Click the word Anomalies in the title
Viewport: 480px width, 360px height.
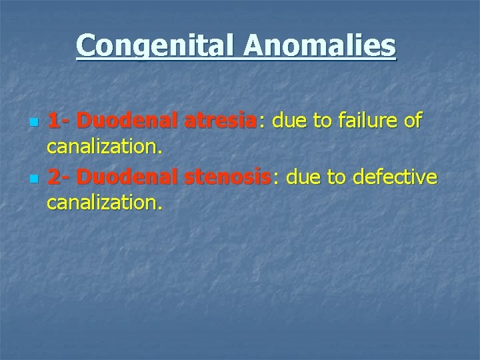point(319,47)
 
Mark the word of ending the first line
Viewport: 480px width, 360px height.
point(412,121)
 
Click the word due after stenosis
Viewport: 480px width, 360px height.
point(300,177)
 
